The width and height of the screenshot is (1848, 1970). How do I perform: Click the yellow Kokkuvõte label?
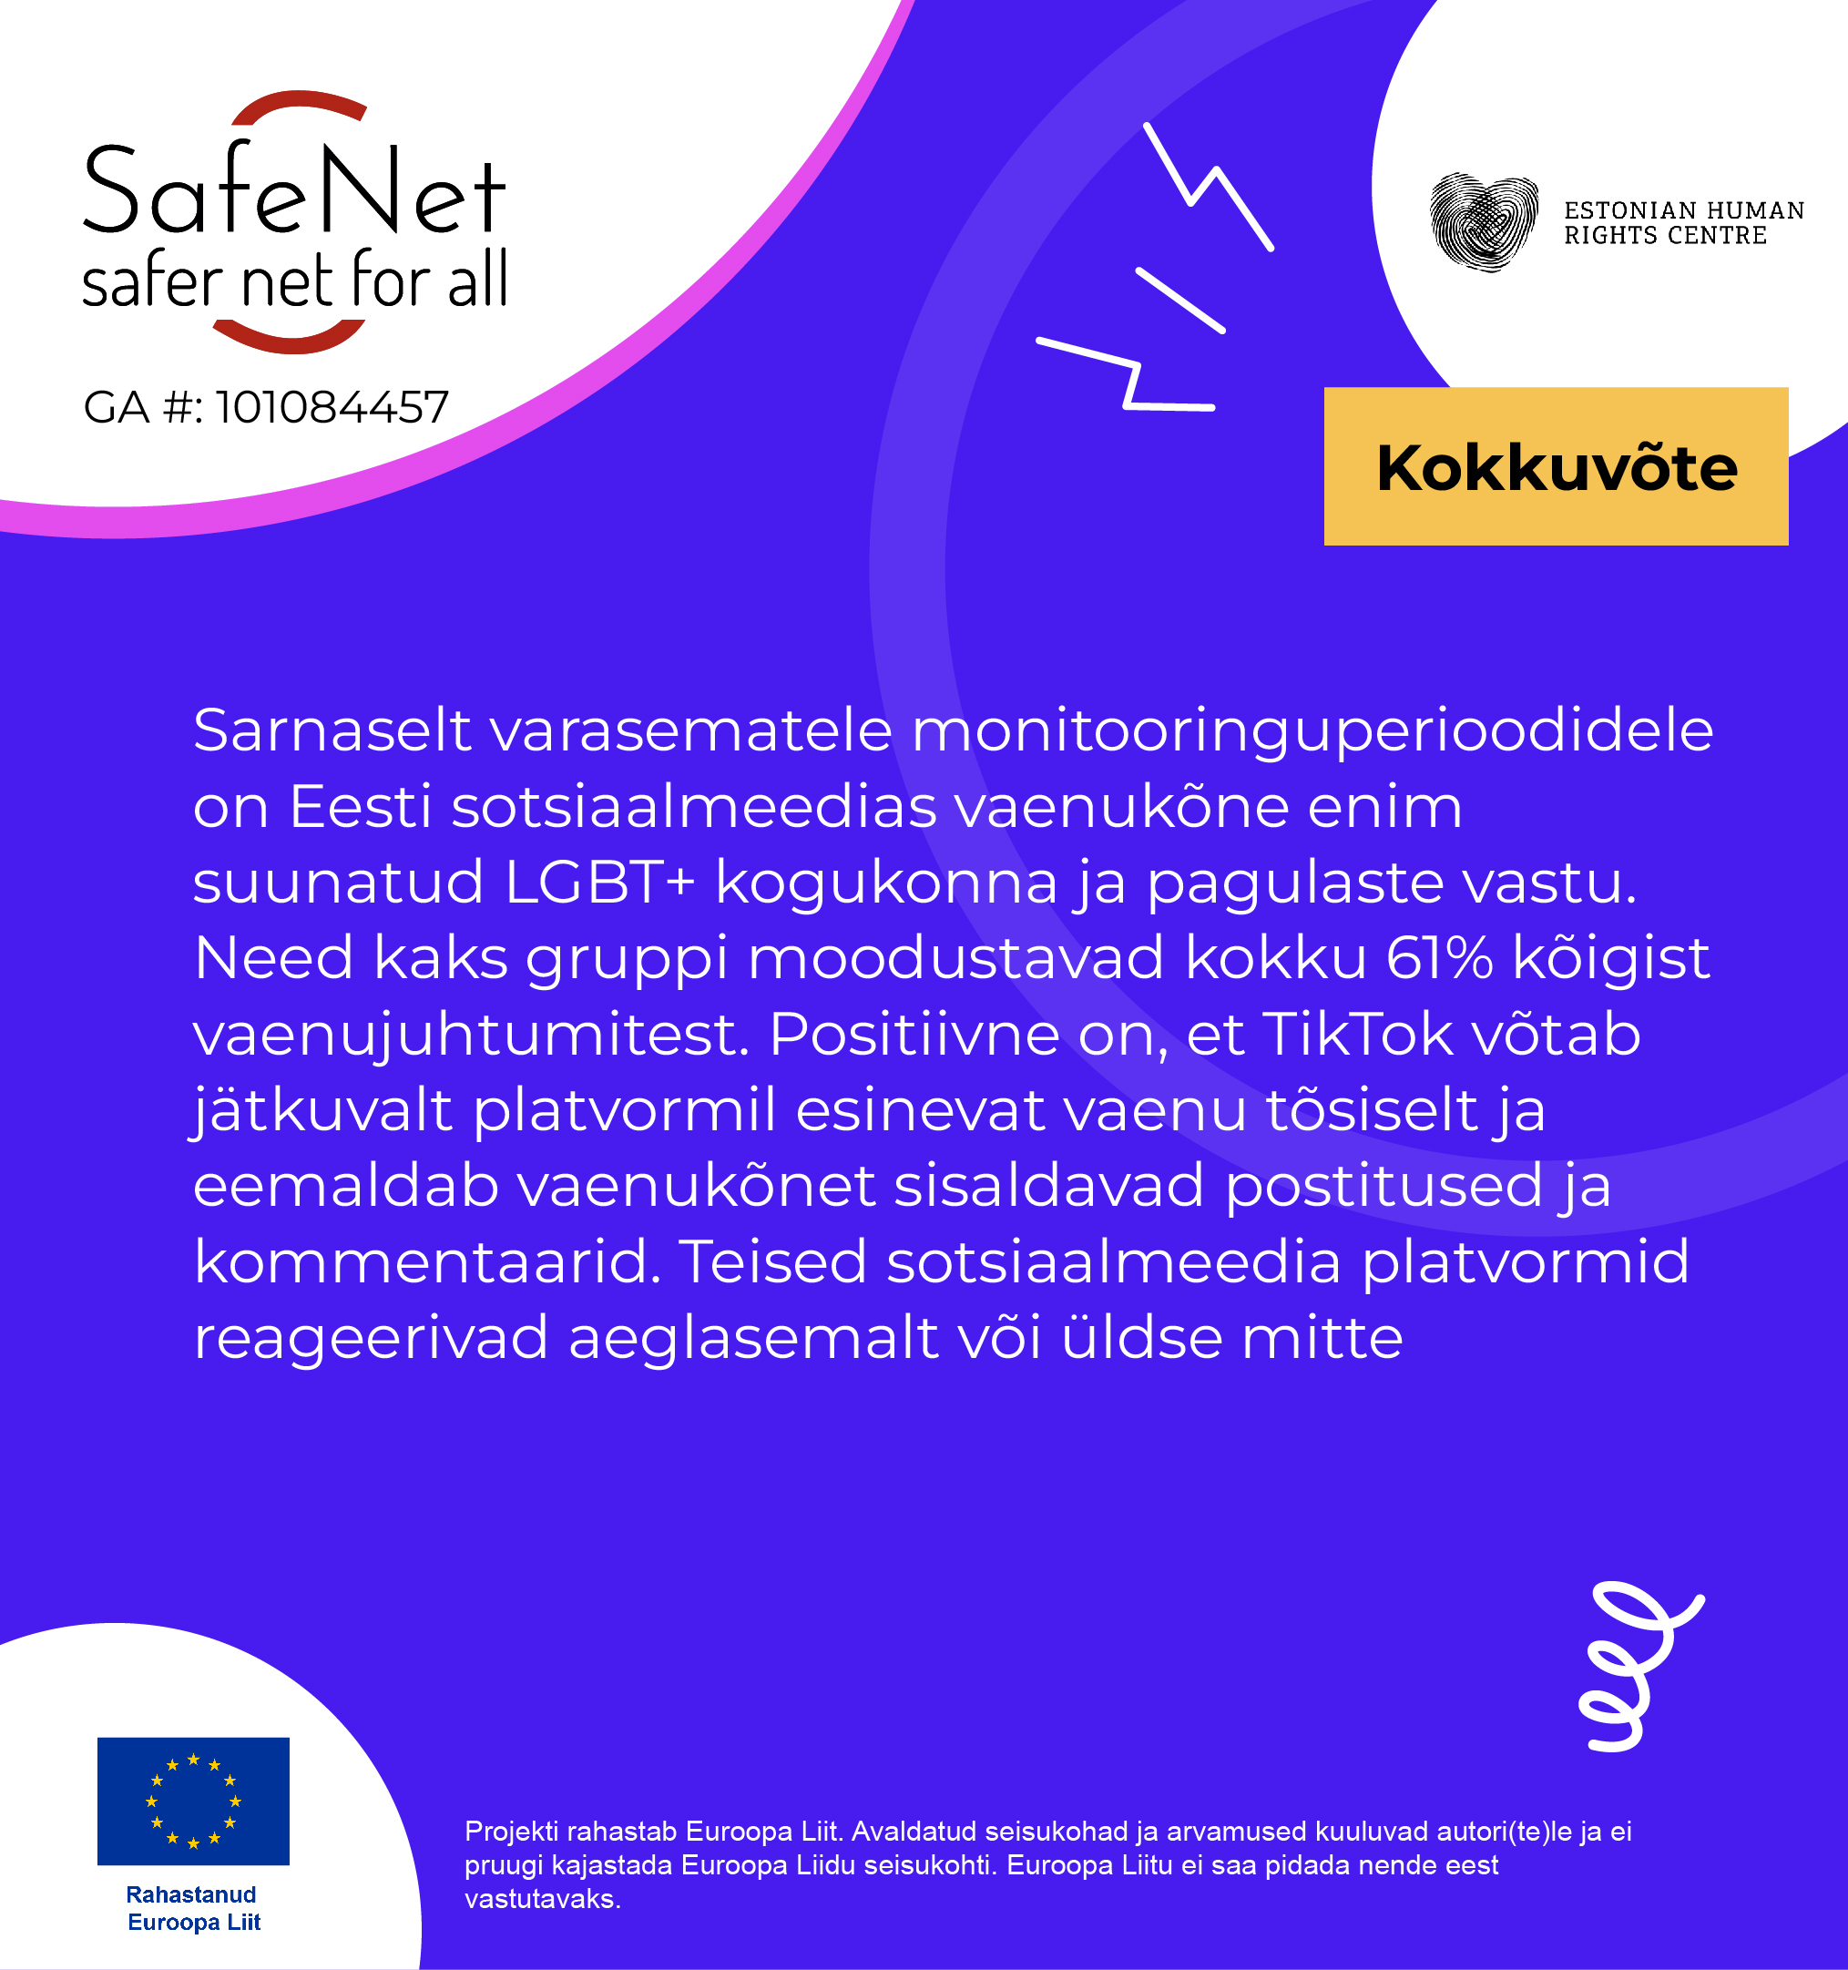[1556, 466]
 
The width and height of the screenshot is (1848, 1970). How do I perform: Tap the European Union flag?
[193, 1801]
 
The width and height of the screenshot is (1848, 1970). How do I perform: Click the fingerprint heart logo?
[1484, 222]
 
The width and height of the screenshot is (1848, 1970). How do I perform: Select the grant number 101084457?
[332, 407]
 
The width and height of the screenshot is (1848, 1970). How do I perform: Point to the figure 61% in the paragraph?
[1439, 958]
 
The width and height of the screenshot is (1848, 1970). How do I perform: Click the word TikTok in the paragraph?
[1356, 1035]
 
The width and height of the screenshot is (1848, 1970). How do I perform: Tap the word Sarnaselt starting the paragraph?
[332, 730]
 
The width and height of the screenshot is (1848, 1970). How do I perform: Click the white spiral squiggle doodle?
[1635, 1665]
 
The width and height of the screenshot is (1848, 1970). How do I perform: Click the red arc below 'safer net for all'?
[291, 337]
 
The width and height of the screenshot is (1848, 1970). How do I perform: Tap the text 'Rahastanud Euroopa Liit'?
[193, 1909]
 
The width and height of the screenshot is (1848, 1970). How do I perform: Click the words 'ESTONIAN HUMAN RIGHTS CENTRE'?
[1683, 223]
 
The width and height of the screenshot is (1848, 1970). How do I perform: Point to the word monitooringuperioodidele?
[1312, 730]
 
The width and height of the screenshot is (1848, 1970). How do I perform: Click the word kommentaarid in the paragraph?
[427, 1262]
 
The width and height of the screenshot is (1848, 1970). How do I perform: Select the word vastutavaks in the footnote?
[542, 1899]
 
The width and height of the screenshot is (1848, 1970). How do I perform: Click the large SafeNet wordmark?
[294, 190]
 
